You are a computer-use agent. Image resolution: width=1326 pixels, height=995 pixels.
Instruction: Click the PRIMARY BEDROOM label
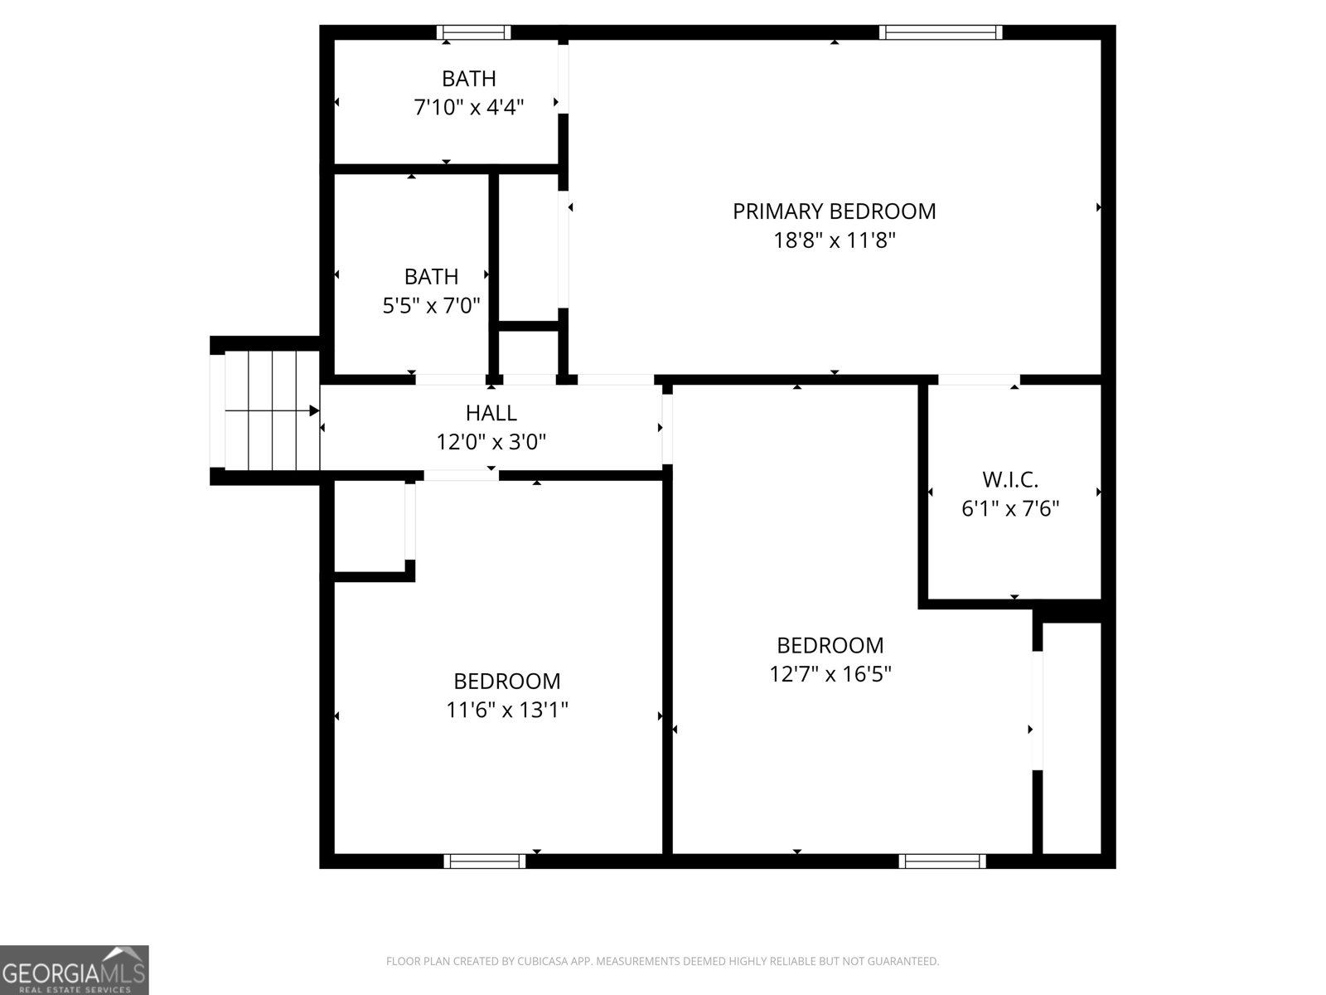pos(834,211)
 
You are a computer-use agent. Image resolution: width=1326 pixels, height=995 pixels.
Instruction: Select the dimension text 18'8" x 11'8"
pos(834,240)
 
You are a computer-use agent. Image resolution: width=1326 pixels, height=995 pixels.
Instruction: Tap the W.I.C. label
pos(1010,479)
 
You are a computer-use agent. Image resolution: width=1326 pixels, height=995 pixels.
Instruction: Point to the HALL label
pos(491,413)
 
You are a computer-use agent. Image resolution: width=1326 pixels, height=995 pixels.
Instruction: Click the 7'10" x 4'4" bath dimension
pos(468,107)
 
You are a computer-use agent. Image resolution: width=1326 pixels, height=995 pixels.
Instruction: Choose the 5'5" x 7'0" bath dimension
pos(431,306)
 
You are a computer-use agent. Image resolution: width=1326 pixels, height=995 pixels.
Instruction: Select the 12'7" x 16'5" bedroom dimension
pos(830,674)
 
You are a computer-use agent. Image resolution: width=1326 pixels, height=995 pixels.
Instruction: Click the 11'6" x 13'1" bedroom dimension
pos(506,710)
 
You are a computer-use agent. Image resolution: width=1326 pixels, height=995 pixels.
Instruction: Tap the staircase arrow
pos(273,410)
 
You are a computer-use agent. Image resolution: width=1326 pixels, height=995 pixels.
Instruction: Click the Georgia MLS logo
pos(74,969)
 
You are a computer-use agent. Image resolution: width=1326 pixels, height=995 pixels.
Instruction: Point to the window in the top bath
pos(473,32)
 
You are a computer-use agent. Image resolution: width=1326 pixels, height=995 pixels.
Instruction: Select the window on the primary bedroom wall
pos(940,32)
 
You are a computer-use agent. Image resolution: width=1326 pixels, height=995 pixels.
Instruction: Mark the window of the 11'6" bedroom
pos(485,861)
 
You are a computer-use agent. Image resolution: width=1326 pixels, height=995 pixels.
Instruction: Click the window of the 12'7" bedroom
pos(942,861)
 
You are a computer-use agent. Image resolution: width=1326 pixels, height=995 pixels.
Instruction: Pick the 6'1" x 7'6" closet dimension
pos(1010,508)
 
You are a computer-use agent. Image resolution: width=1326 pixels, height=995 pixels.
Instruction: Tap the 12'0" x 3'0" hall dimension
pos(491,442)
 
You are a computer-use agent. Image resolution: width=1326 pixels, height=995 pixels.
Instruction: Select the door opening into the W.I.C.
pos(978,380)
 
